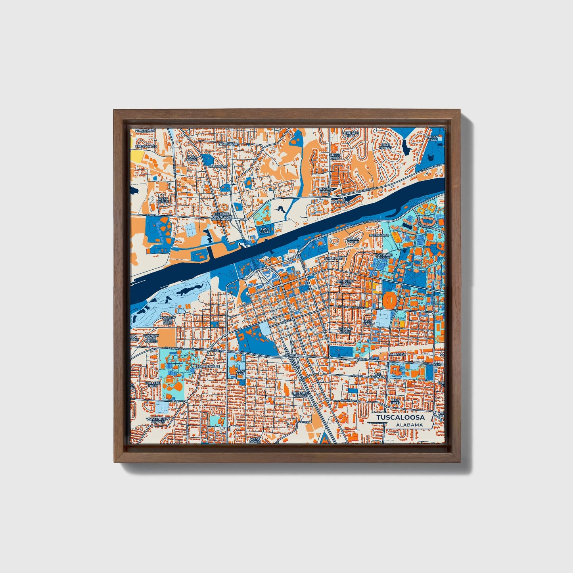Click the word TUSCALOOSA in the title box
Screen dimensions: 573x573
coord(400,418)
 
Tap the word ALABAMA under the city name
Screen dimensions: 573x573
coord(409,425)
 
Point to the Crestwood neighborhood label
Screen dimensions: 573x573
coord(146,146)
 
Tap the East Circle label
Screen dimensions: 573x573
coord(264,230)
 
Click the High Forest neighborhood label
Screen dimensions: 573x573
coord(385,146)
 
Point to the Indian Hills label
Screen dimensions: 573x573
coord(432,138)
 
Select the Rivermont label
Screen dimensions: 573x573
coord(340,202)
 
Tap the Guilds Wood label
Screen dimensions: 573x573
coord(353,240)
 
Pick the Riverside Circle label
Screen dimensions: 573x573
coord(383,256)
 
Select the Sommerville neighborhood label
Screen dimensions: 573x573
coord(207,366)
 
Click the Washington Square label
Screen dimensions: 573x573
coord(158,420)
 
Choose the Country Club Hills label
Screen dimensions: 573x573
coord(168,320)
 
